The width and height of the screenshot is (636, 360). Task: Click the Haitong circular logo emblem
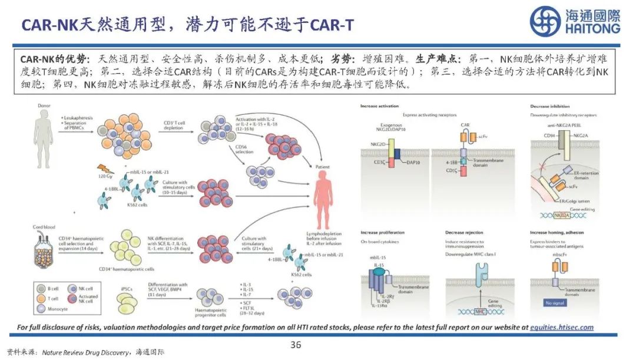coord(545,21)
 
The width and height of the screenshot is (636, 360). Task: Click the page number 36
coord(296,345)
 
